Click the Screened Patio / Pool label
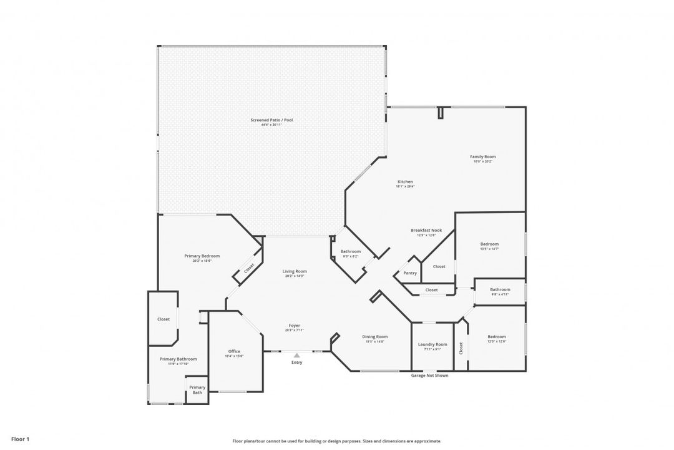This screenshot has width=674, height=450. (x=271, y=120)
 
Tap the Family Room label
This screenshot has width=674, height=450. (x=483, y=157)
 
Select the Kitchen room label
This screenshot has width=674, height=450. (x=404, y=182)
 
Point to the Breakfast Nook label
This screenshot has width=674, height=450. (x=426, y=230)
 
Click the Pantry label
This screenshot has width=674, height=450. (x=410, y=273)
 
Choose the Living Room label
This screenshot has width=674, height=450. (x=295, y=271)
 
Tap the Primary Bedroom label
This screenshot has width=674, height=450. (x=202, y=256)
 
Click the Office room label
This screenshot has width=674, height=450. (x=234, y=351)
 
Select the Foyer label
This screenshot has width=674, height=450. (x=294, y=326)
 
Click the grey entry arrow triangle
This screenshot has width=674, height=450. (x=296, y=356)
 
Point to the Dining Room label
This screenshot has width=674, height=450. (x=375, y=337)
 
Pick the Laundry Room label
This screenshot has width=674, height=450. (x=432, y=344)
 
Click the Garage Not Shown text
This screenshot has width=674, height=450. (x=429, y=376)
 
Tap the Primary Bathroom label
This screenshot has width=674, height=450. (x=178, y=359)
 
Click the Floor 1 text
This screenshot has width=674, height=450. (x=20, y=439)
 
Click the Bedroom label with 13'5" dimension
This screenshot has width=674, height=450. (x=489, y=244)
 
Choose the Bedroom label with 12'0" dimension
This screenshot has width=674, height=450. (x=497, y=337)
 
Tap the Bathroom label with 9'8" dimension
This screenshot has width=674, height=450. (x=500, y=289)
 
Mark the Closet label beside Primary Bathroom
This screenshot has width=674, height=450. (x=163, y=319)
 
